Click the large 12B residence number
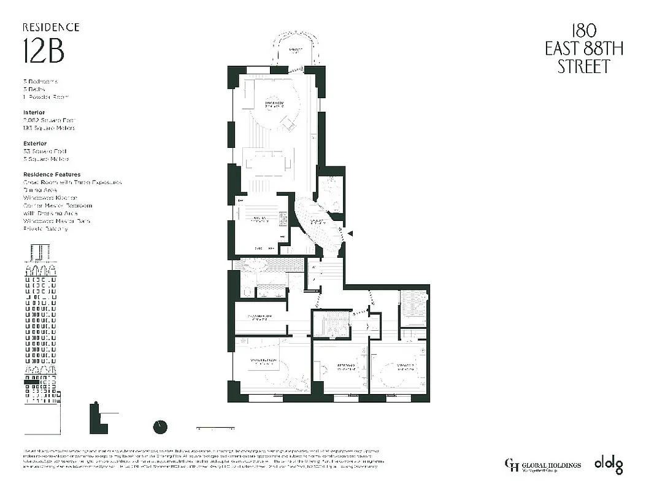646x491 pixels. coord(44,52)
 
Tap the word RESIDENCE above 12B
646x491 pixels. coord(51,27)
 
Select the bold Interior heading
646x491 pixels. coord(34,113)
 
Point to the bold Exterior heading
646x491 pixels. coord(36,144)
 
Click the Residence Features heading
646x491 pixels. coord(52,174)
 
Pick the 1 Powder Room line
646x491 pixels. coord(46,97)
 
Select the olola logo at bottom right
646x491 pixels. coord(608,465)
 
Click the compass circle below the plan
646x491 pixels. coord(160,427)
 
